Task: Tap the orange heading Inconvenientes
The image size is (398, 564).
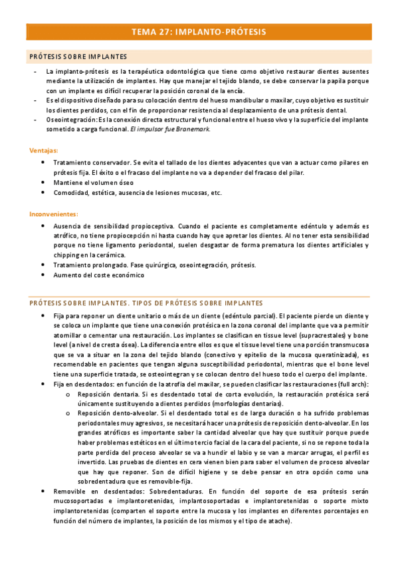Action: (53, 214)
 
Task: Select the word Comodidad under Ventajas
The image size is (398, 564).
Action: (72, 193)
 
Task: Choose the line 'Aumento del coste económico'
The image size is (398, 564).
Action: (98, 275)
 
